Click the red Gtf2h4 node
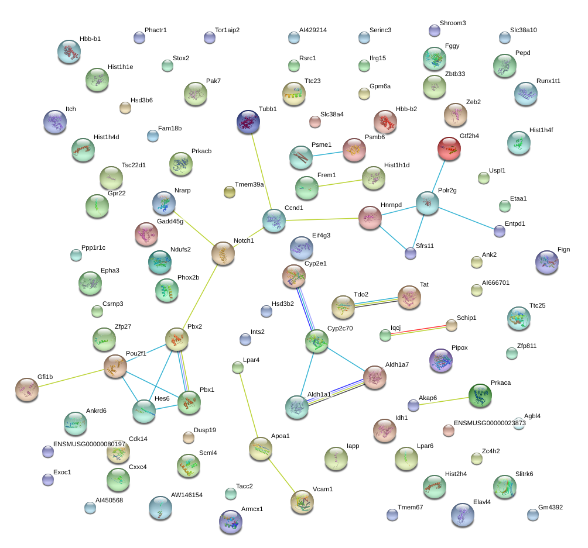tap(449, 149)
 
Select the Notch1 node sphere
tap(223, 253)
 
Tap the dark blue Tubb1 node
tap(248, 122)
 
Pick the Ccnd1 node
tap(274, 220)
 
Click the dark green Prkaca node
tap(480, 395)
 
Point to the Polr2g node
tap(428, 203)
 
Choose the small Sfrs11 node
tap(411, 254)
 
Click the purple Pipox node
tap(441, 360)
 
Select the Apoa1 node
tap(261, 449)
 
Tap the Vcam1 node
tap(302, 502)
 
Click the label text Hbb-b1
tap(90, 39)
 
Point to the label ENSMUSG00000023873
tap(490, 423)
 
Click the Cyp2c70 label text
tap(340, 328)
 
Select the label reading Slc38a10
tap(524, 30)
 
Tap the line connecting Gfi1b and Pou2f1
tap(71, 378)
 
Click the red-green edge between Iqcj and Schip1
tap(418, 330)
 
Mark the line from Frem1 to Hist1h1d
tap(340, 183)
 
